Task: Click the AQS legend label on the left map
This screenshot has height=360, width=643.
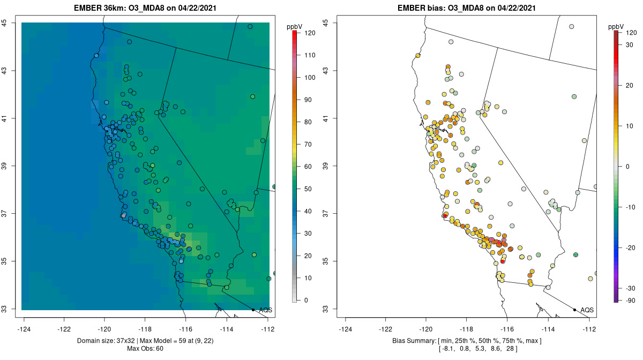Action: tap(265, 310)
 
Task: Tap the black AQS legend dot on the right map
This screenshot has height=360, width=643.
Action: tap(574, 310)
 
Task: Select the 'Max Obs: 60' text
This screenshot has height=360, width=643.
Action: tap(145, 349)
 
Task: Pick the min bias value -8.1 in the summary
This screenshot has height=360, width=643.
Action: tap(447, 349)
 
